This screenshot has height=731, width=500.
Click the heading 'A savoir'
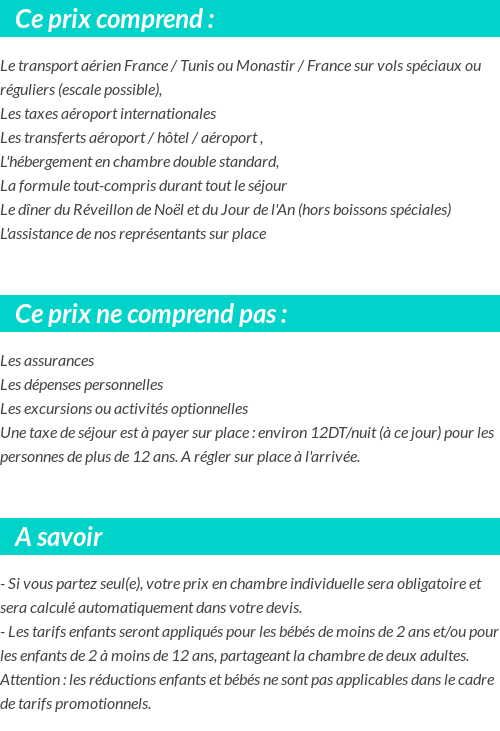[x=59, y=537]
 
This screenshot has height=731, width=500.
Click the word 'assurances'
[x=60, y=361]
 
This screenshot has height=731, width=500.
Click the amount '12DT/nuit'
[x=343, y=433]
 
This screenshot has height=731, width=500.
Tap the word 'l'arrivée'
[x=330, y=457]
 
